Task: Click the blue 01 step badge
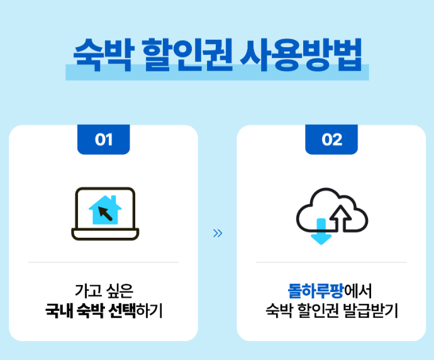click(104, 139)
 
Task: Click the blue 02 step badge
click(331, 139)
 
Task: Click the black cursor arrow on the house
click(108, 214)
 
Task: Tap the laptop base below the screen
click(105, 235)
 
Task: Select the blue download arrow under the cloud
click(321, 231)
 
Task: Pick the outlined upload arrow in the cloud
click(340, 217)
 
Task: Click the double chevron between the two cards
click(218, 233)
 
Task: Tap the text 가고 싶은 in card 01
click(104, 291)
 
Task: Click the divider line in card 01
click(104, 262)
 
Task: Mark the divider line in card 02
click(331, 262)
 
